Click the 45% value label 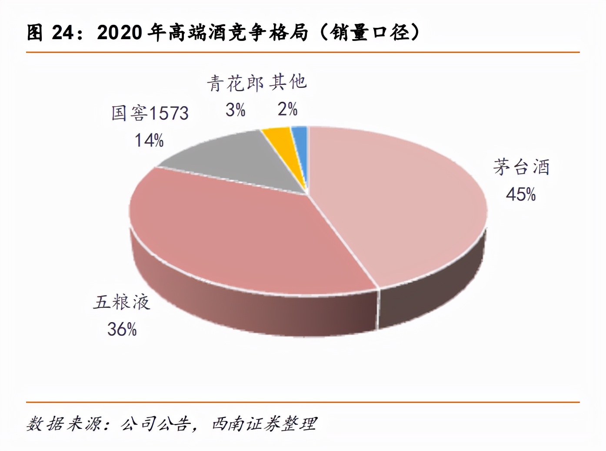pyautogui.click(x=520, y=194)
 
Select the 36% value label pyautogui.click(x=122, y=329)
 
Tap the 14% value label pyautogui.click(x=149, y=140)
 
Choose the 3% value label pyautogui.click(x=235, y=110)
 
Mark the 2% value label pyautogui.click(x=287, y=109)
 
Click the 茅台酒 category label pyautogui.click(x=521, y=167)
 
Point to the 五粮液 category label pyautogui.click(x=122, y=302)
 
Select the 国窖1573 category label pyautogui.click(x=150, y=113)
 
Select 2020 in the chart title pyautogui.click(x=120, y=33)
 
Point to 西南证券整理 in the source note pyautogui.click(x=264, y=424)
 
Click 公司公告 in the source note pyautogui.click(x=156, y=424)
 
